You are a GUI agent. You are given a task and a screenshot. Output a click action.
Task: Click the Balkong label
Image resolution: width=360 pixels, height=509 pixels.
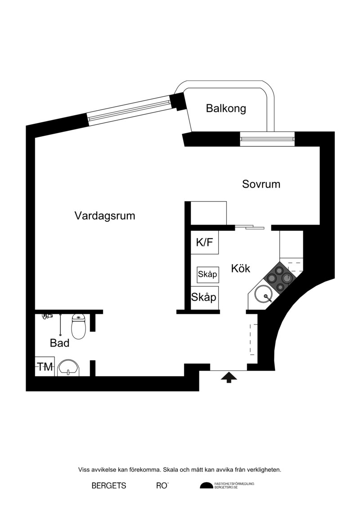point(226,108)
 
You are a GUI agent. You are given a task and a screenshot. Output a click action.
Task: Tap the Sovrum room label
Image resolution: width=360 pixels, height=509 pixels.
point(261,184)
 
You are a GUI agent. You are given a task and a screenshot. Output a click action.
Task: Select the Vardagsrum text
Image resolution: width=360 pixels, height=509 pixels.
point(105,216)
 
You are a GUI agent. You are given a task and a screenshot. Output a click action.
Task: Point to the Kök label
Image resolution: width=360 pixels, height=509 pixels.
point(241,269)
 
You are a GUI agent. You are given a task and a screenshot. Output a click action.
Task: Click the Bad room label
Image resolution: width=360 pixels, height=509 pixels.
point(60,343)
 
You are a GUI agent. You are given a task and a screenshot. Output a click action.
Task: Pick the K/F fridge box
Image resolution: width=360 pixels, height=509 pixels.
point(204,242)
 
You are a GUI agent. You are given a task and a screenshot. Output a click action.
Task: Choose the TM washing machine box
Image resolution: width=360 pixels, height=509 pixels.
point(45,366)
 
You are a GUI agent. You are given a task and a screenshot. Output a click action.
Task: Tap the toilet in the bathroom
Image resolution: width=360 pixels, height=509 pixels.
point(79,326)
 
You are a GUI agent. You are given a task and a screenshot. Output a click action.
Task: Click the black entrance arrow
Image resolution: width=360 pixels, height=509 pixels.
point(229,377)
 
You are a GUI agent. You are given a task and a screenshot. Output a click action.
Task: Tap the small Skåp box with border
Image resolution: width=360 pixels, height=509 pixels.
point(207,275)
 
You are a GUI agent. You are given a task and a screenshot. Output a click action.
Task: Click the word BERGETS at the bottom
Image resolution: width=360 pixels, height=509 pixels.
point(109,486)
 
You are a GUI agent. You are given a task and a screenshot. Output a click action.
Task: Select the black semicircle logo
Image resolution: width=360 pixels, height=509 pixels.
point(207,486)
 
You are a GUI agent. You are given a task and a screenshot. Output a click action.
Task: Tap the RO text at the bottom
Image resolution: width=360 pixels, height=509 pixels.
point(162,486)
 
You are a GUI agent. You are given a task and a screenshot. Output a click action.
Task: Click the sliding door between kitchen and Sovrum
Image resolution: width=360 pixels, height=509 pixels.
point(250,226)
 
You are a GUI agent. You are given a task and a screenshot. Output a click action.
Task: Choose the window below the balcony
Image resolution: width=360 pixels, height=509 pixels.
point(267,139)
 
